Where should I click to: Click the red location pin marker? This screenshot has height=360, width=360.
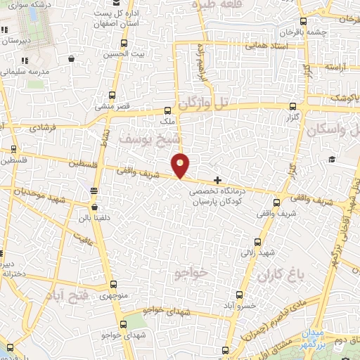[x=181, y=165]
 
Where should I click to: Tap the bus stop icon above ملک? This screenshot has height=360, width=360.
[x=167, y=110]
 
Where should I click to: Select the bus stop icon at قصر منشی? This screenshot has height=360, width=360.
[x=112, y=96]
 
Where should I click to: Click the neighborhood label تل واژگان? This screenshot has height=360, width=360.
[x=204, y=104]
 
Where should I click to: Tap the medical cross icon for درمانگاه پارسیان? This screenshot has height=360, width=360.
[x=218, y=181]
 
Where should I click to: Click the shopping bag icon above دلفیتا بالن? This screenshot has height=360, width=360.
[x=95, y=207]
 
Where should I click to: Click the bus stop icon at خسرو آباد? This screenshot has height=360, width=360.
[x=238, y=295]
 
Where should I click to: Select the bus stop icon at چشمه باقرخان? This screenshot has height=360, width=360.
[x=302, y=22]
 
